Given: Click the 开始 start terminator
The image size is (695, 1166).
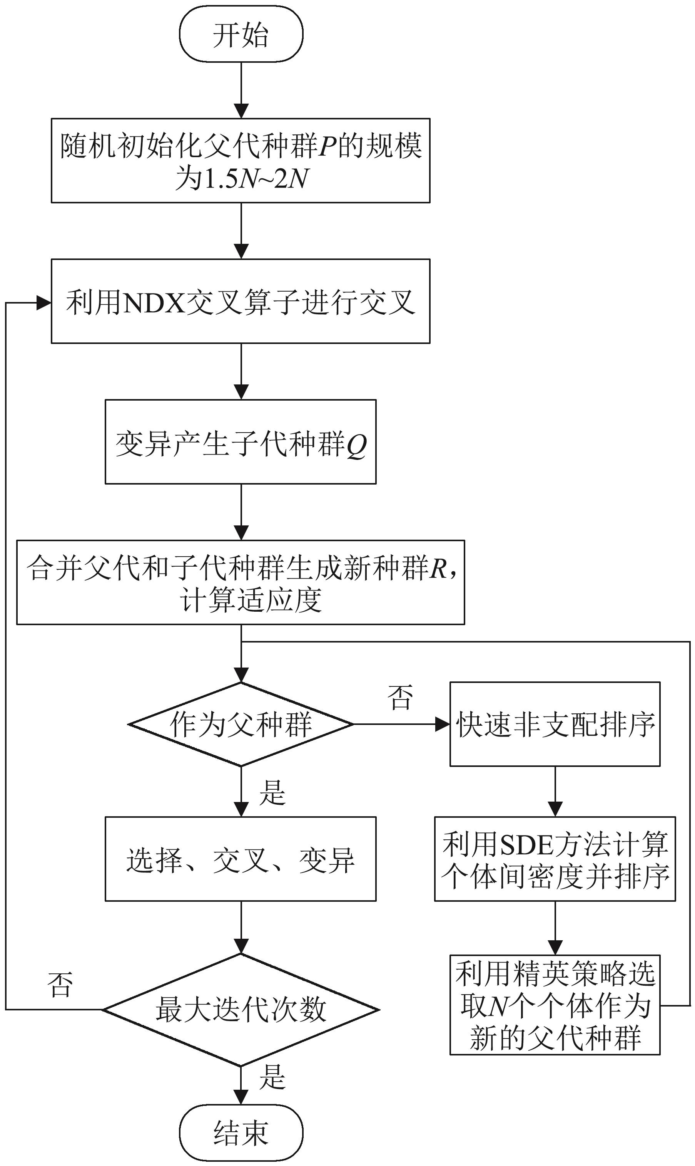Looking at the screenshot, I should [x=241, y=34].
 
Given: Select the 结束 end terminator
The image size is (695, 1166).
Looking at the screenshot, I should [x=241, y=1132].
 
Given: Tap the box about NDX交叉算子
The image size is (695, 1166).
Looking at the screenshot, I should [x=241, y=301].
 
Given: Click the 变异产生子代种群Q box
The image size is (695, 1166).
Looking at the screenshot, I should [x=241, y=442].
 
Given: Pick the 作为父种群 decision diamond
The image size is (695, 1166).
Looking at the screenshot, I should [x=241, y=724].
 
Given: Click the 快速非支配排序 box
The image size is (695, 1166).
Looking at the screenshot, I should [x=555, y=724].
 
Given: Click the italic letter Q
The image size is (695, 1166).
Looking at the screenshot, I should [x=356, y=444].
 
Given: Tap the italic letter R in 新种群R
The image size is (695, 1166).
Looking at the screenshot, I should [x=439, y=569].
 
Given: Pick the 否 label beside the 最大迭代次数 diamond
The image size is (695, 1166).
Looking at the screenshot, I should [x=60, y=984].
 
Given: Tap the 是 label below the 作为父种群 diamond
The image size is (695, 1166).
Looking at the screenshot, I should [x=272, y=792].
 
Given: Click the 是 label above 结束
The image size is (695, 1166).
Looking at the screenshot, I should [x=272, y=1077].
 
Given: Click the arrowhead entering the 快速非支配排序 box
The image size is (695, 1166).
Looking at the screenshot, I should [x=443, y=724].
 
